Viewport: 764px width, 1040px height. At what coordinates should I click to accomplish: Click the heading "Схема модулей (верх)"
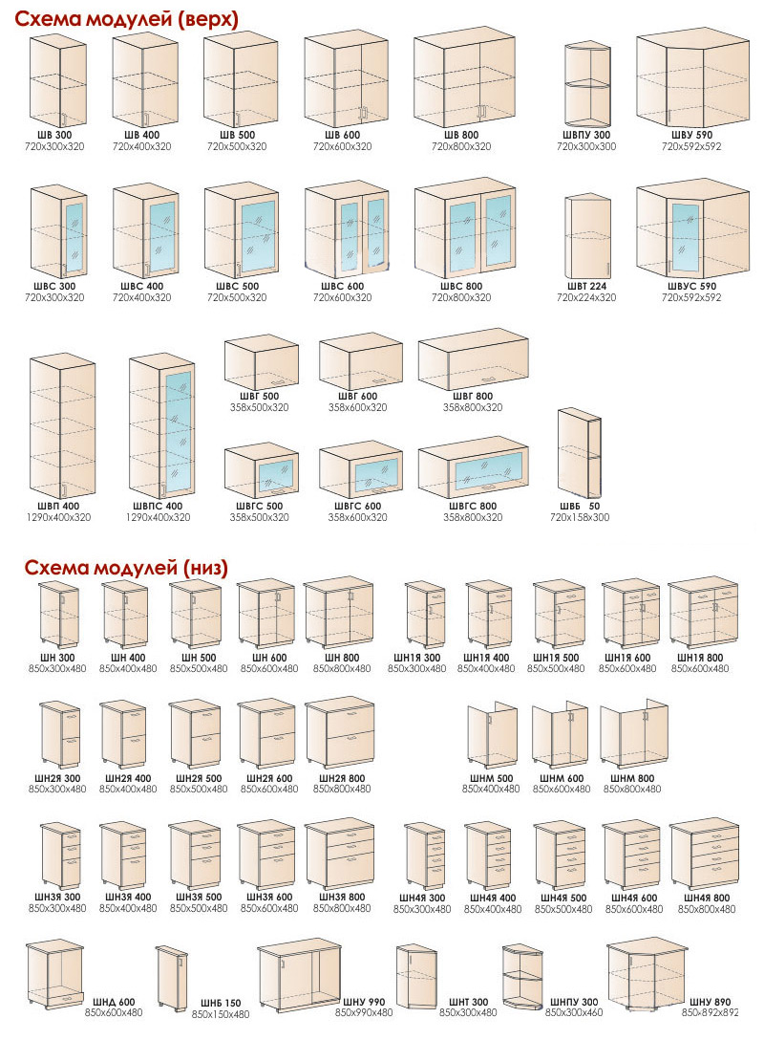(127, 19)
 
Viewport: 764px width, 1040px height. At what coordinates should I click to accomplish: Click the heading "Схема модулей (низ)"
(127, 568)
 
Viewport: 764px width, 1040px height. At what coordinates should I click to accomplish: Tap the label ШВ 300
(54, 135)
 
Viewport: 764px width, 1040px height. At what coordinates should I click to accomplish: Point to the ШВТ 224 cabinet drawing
(587, 237)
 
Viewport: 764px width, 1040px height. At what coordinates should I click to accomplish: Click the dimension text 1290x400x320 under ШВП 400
(58, 517)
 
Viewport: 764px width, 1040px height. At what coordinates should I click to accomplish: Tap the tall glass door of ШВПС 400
(178, 431)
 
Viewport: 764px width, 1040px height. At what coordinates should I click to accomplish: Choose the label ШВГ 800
(473, 396)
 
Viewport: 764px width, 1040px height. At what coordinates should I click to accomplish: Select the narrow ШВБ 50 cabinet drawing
(580, 454)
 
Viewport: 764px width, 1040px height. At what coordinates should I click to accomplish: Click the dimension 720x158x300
(580, 517)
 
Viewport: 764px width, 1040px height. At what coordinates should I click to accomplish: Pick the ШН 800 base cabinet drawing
(339, 613)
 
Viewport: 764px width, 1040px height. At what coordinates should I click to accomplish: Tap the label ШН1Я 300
(416, 658)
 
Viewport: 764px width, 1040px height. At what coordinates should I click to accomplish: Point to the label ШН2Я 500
(199, 779)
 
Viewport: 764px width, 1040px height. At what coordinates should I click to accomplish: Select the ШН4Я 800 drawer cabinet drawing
(705, 854)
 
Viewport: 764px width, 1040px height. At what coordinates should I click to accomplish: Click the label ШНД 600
(114, 1002)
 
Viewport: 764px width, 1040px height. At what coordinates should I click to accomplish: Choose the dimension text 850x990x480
(364, 1013)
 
